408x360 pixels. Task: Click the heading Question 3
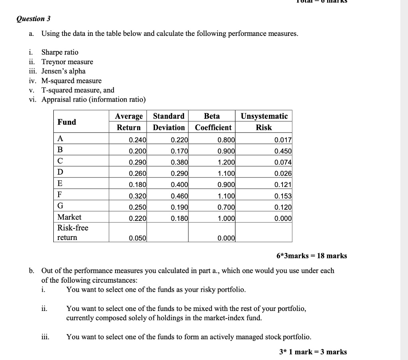tap(33, 19)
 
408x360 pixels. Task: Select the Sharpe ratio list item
tap(60, 52)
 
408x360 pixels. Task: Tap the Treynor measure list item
tap(67, 62)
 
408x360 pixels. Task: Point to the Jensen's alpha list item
tap(63, 71)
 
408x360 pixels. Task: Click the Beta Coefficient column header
tap(212, 122)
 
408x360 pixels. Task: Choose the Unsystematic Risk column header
tap(264, 122)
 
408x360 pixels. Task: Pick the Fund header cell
tap(67, 122)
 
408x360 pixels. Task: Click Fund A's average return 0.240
tap(138, 140)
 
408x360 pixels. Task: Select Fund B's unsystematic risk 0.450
tap(283, 151)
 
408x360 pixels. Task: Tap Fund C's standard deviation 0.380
tap(179, 162)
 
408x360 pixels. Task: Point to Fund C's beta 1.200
tap(227, 162)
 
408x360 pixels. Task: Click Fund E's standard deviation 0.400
tap(179, 185)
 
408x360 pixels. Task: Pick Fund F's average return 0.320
tap(138, 196)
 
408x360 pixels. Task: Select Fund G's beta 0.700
tap(227, 207)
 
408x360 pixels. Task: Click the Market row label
tap(69, 217)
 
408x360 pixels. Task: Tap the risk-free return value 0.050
tap(138, 238)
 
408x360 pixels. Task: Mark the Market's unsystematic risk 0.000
tap(283, 218)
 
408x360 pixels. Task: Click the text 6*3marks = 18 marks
tap(312, 256)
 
